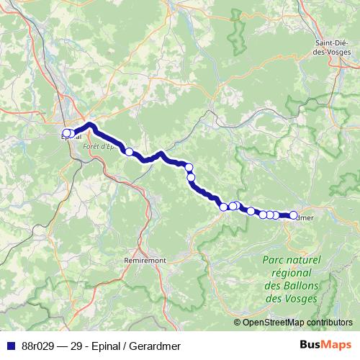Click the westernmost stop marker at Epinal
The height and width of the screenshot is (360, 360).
pos(65,132)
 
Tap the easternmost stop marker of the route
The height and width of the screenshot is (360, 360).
pos(293,215)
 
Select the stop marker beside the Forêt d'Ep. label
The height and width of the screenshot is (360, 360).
pos(130,152)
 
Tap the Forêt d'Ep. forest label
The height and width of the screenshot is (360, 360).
pos(99,146)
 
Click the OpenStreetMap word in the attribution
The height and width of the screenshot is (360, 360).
pos(274,322)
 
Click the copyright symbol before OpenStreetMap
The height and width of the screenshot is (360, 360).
pos(238,322)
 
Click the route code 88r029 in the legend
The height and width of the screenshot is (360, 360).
pos(36,346)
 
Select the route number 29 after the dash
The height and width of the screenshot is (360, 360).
pos(75,346)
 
